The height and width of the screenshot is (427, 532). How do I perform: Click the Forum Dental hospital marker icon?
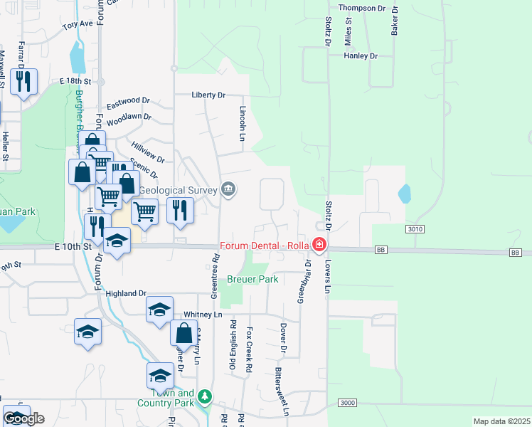coord(319,246)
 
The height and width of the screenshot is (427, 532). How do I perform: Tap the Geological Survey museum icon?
coord(228,189)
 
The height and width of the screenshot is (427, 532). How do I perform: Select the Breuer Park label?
coord(252,280)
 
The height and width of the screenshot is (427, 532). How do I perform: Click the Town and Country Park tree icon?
coord(205,394)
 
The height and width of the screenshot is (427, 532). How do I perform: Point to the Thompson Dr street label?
coord(362,8)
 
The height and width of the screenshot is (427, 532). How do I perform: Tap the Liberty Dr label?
coord(208,95)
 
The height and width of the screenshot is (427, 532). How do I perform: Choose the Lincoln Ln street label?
coord(243,123)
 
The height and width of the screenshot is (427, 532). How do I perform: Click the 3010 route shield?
coord(416,229)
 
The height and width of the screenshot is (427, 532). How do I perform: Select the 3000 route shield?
coord(347,404)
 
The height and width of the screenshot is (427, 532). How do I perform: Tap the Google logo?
coord(23,418)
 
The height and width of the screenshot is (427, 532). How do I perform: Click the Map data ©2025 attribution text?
coord(501,421)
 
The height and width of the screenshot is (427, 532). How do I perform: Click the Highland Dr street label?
coord(125,293)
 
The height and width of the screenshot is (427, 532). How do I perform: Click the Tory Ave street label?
coord(78,24)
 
